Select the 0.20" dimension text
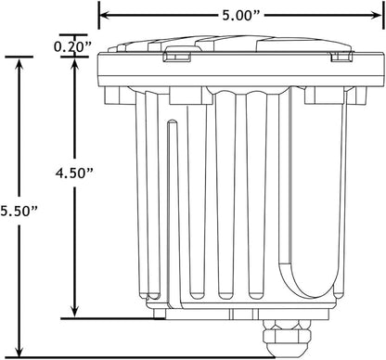[x=73, y=46]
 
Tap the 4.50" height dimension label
[x=74, y=173]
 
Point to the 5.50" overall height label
[x=19, y=211]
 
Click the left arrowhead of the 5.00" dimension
[x=105, y=15]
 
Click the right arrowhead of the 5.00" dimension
[x=378, y=15]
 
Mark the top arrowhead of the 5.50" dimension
[x=19, y=63]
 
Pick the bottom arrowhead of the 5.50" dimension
[x=19, y=352]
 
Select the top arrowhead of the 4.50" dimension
[x=74, y=63]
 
